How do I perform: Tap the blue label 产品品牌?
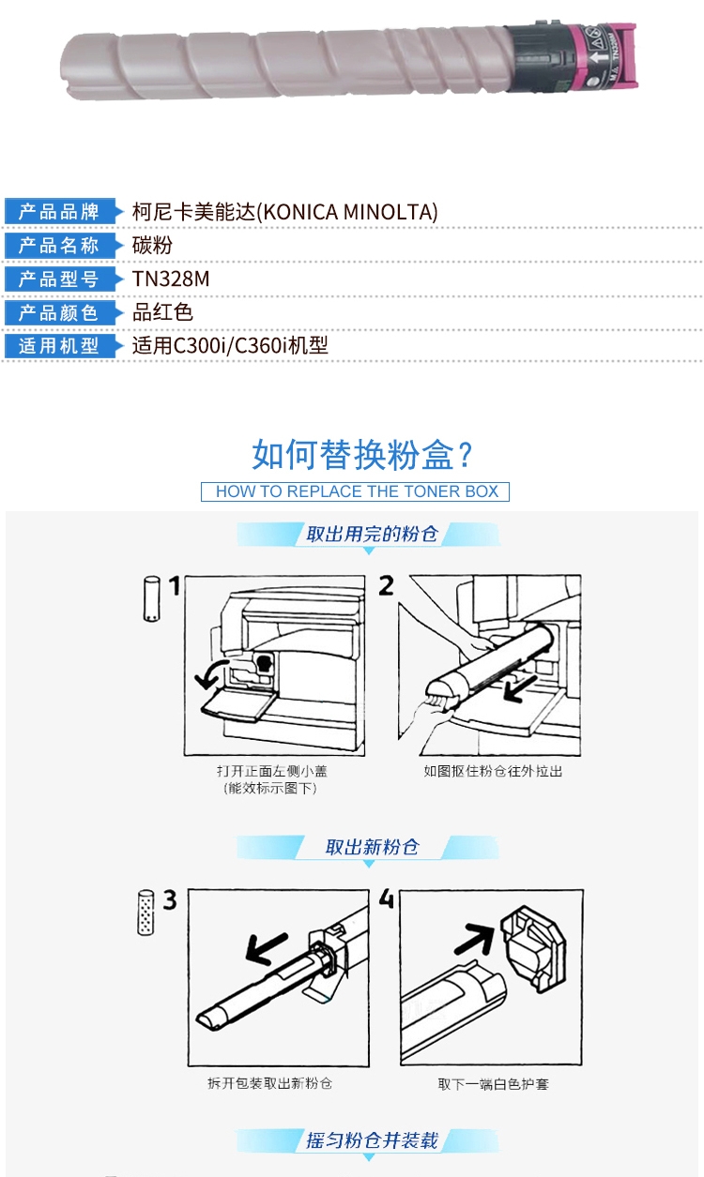[59, 212]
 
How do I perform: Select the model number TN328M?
[171, 279]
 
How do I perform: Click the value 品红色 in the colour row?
[162, 312]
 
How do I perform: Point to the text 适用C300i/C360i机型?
[230, 346]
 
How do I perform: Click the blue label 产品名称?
[59, 246]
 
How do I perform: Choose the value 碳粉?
[152, 246]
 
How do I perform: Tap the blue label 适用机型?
[59, 346]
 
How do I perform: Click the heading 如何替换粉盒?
[362, 455]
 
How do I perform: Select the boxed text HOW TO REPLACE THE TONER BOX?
[357, 491]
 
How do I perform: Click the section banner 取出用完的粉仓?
[373, 535]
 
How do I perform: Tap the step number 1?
[175, 586]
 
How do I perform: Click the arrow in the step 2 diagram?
[521, 688]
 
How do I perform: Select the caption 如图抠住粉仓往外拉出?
[493, 771]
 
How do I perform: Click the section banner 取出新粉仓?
[373, 847]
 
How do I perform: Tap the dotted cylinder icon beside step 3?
[145, 913]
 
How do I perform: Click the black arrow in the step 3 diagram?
[267, 948]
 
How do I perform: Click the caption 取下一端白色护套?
[493, 1084]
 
